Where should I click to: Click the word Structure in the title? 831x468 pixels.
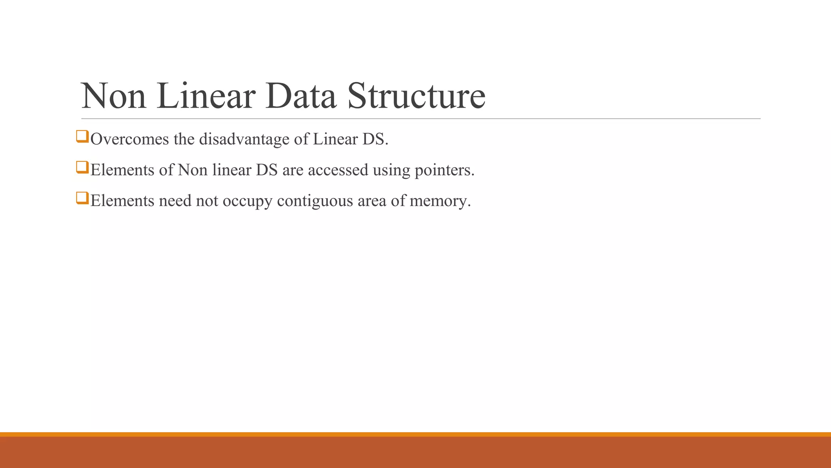pos(416,96)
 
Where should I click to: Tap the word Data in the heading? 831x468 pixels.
pos(301,96)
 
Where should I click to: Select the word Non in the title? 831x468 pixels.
pos(114,96)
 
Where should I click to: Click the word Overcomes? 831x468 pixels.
pos(129,139)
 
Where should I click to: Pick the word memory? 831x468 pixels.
pos(440,201)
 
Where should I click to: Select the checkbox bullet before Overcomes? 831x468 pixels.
pos(82,136)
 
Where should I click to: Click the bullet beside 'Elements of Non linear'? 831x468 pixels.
pos(82,167)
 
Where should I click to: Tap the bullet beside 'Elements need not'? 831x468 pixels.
pos(82,198)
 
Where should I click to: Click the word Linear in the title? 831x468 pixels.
pos(206,96)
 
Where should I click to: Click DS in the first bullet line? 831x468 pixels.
pos(375,139)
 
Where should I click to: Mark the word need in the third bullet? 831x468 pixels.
pos(175,201)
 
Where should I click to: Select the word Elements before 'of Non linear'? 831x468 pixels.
pos(122,170)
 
